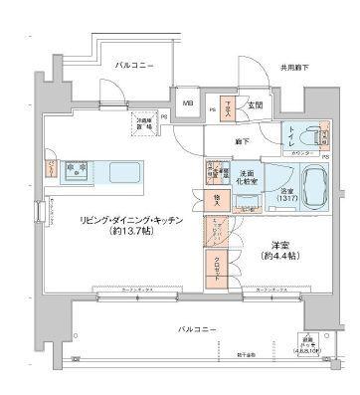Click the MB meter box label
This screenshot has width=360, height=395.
point(187,99)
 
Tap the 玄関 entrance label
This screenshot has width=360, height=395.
point(255,104)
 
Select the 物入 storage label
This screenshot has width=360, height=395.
point(216,201)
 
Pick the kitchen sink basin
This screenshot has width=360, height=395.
point(121,169)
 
